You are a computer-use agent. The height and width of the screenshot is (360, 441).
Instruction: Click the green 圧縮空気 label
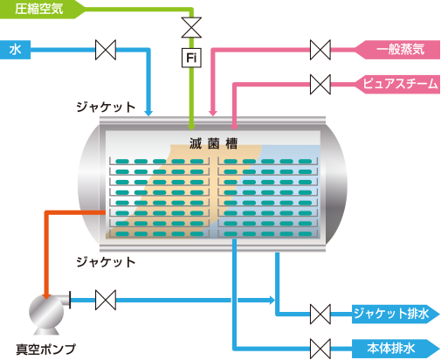(39, 9)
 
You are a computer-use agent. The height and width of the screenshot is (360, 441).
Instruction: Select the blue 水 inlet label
(15, 50)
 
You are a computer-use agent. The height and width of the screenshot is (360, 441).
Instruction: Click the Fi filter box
(191, 58)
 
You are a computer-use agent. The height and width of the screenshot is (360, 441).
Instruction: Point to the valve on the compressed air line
(191, 27)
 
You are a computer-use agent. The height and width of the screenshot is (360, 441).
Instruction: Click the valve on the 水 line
(106, 50)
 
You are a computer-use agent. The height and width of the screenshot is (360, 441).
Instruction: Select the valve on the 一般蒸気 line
(320, 50)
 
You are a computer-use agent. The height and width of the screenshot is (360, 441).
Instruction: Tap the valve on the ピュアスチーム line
(320, 85)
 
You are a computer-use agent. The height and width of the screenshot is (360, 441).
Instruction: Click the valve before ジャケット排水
(320, 315)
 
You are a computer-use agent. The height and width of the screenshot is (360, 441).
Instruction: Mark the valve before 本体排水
(320, 349)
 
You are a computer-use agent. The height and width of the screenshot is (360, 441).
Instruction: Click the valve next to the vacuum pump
(106, 300)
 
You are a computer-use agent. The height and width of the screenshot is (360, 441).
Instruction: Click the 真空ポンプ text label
(45, 349)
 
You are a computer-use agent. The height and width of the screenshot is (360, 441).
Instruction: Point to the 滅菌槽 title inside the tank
(213, 143)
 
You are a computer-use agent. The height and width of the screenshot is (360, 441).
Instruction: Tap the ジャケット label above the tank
(106, 107)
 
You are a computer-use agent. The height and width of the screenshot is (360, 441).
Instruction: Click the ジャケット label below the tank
(106, 262)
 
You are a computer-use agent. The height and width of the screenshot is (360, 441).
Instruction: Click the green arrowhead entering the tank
(191, 127)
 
